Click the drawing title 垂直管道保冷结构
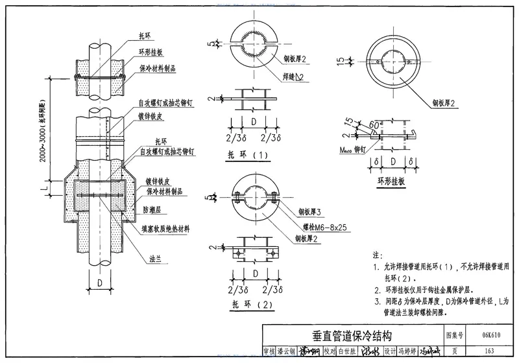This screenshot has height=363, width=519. tap(352, 335)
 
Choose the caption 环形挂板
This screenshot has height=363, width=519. tap(389, 182)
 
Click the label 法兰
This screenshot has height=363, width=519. tap(155, 259)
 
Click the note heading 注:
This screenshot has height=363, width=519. tap(378, 254)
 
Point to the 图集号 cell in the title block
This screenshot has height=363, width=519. tap(455, 335)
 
